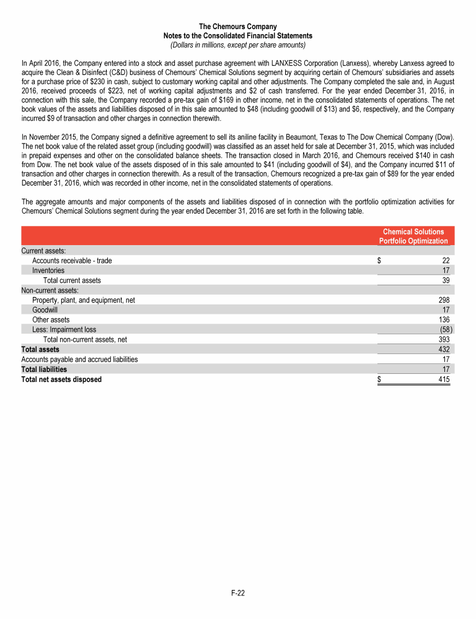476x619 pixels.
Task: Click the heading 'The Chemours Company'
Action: coord(238,27)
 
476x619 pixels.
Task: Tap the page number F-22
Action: coord(238,593)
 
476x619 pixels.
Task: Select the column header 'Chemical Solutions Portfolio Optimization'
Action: coord(413,236)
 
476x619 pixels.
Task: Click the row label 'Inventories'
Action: coord(48,271)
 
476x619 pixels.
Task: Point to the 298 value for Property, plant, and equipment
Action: coord(444,300)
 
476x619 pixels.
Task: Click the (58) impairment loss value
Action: coord(444,329)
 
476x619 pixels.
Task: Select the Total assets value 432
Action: coord(444,349)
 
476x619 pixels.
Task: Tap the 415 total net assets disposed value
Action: coord(444,379)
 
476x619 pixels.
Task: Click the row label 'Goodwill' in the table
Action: coord(45,309)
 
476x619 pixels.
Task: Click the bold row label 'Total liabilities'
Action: coord(44,369)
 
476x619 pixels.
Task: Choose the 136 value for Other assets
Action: coord(444,319)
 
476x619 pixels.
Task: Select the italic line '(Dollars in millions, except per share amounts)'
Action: coord(238,45)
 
